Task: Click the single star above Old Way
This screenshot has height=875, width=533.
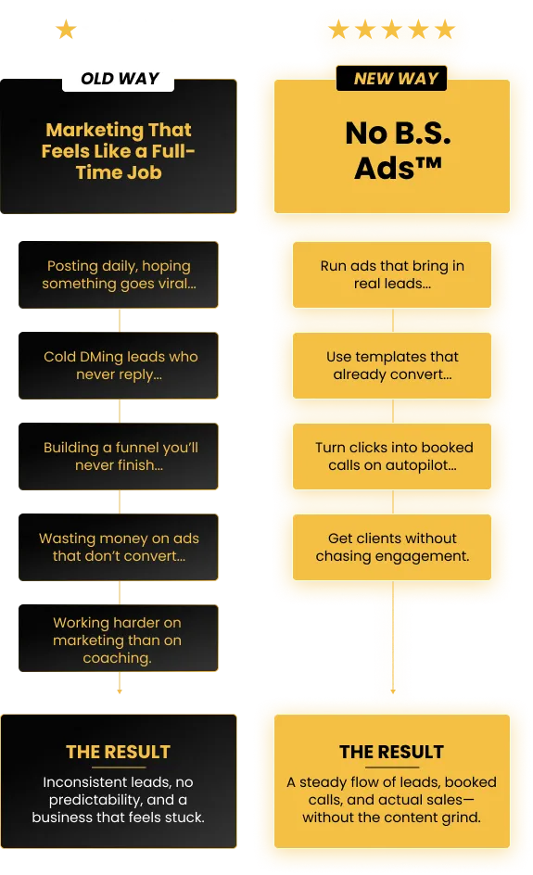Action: pyautogui.click(x=66, y=30)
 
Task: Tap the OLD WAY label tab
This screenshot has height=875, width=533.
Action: pyautogui.click(x=119, y=79)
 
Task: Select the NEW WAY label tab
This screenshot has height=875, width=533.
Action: pyautogui.click(x=392, y=78)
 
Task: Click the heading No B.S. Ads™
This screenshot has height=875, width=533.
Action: pyautogui.click(x=398, y=150)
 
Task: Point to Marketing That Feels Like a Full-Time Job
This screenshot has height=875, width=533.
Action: pyautogui.click(x=119, y=151)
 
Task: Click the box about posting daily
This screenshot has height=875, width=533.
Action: pyautogui.click(x=119, y=274)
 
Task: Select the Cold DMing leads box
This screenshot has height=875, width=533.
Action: pyautogui.click(x=119, y=365)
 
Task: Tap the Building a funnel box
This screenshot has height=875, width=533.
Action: pyautogui.click(x=119, y=456)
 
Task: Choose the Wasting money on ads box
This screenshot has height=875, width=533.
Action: pyautogui.click(x=119, y=548)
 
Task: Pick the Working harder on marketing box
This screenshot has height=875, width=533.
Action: pyautogui.click(x=119, y=638)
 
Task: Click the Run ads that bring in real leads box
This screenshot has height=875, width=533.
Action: pyautogui.click(x=392, y=274)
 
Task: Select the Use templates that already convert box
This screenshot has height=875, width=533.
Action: pyautogui.click(x=392, y=365)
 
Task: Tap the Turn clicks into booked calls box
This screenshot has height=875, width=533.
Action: pyautogui.click(x=392, y=456)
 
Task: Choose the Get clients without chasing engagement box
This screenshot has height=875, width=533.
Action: pyautogui.click(x=392, y=548)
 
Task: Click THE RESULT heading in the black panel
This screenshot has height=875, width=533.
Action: pyautogui.click(x=119, y=753)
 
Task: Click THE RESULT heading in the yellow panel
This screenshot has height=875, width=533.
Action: pyautogui.click(x=392, y=753)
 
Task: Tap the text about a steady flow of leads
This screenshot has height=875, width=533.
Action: pyautogui.click(x=392, y=800)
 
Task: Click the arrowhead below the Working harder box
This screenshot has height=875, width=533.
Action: pyautogui.click(x=120, y=691)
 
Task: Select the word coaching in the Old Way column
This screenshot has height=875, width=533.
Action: pyautogui.click(x=117, y=658)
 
